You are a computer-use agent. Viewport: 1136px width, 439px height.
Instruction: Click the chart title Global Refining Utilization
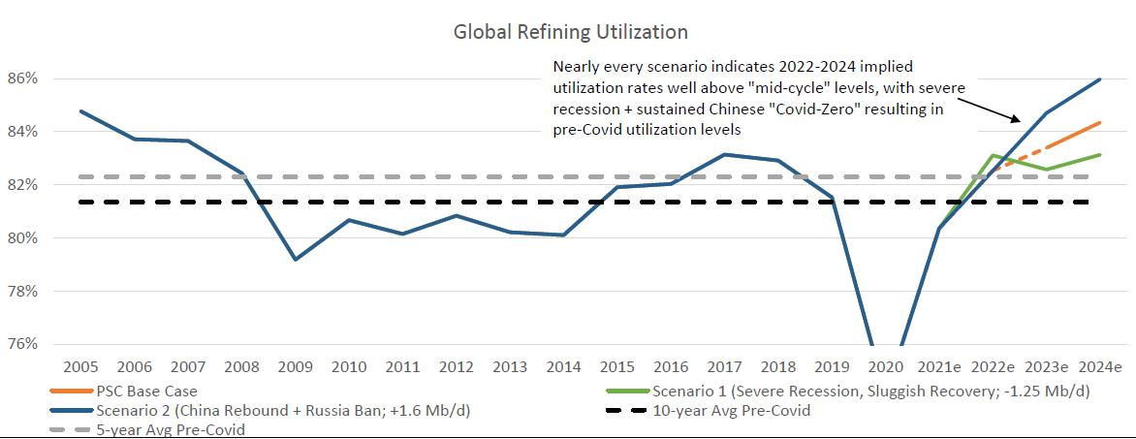570,32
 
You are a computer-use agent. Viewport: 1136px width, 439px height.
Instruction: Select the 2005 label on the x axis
80,367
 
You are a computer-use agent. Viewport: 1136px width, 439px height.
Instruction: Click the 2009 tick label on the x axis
295,367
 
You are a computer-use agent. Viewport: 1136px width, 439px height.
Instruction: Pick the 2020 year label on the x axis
885,367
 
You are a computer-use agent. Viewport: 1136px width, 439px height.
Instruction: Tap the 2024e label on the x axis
1099,367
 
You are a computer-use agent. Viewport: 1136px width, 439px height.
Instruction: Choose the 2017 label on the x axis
724,367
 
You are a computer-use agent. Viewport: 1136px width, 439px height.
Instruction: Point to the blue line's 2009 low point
295,260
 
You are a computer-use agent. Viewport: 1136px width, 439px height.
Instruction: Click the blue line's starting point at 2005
80,110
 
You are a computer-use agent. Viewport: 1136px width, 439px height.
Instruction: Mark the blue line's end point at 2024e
1099,79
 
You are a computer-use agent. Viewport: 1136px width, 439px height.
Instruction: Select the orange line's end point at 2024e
1099,123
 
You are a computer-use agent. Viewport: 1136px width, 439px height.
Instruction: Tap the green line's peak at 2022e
993,155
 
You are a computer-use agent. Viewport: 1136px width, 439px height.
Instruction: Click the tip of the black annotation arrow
1020,122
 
